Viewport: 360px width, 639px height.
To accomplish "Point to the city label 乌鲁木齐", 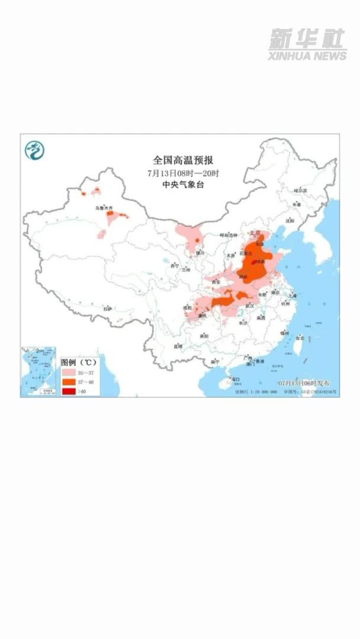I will pos(104,208).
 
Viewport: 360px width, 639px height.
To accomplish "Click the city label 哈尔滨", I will pos(301,191).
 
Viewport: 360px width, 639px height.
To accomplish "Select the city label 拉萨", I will pos(107,308).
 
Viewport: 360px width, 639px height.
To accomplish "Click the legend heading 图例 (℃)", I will pos(78,361).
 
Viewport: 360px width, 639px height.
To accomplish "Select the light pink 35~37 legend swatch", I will pos(69,373).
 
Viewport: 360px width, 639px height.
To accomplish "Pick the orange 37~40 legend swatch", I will pos(69,382).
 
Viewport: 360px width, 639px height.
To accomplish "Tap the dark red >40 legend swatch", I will pos(69,391).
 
